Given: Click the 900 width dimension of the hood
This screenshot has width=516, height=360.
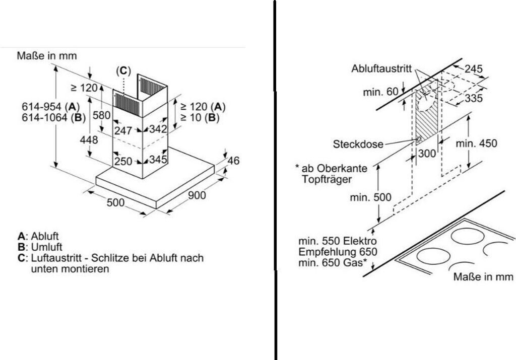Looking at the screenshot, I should (x=197, y=195).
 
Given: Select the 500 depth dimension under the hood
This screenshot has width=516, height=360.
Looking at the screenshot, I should (x=115, y=202).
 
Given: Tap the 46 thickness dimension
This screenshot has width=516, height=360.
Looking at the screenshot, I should (x=233, y=161).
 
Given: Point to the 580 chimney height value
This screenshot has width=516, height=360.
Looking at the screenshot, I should (x=102, y=115).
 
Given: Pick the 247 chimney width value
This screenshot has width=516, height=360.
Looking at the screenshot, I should (x=123, y=130).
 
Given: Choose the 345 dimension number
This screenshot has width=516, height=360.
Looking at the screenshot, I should (x=158, y=161).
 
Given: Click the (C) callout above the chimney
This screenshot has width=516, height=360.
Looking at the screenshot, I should (x=123, y=71).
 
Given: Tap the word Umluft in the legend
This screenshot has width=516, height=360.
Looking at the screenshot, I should (x=46, y=247).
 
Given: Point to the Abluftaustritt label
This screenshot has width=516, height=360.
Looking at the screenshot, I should (x=381, y=68).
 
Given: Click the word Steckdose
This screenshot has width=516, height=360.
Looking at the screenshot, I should (x=358, y=144).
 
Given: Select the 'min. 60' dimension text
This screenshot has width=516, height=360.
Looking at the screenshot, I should (x=380, y=92).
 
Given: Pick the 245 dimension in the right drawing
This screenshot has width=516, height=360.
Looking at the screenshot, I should (x=473, y=69).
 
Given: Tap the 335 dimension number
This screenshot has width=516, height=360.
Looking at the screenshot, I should (x=473, y=98).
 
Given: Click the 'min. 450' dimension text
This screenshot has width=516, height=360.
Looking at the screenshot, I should (x=476, y=143).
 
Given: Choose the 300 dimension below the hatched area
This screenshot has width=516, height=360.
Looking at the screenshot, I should (x=427, y=154).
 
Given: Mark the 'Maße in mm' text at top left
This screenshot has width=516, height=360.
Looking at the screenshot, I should (x=47, y=55).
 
